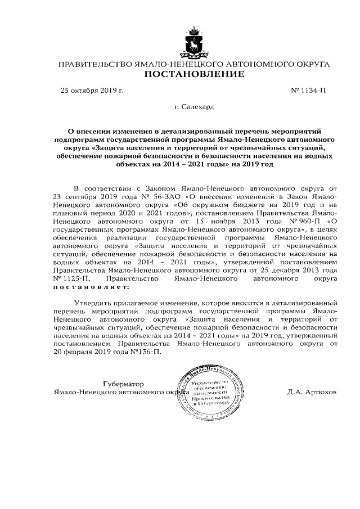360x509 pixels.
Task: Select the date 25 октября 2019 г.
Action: click(92, 90)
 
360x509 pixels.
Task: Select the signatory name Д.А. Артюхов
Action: click(311, 391)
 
